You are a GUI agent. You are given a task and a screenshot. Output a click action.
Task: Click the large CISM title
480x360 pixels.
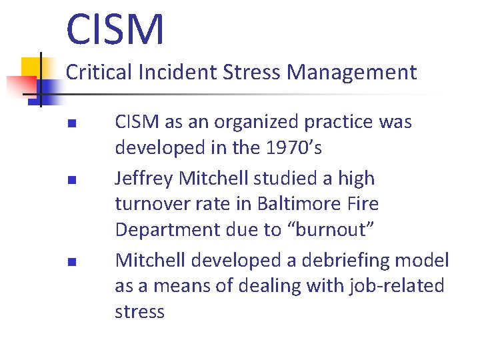(115, 29)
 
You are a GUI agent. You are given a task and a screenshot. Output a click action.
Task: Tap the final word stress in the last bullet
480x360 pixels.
(139, 311)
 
